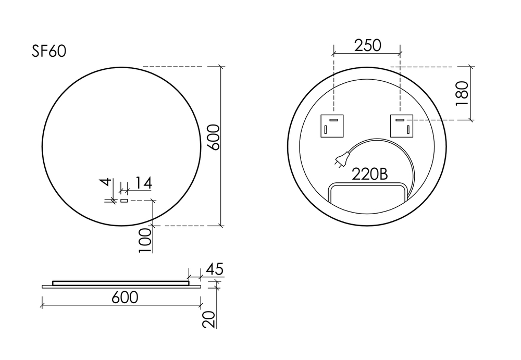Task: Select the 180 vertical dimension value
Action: [x=463, y=94]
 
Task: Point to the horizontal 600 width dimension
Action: [x=125, y=297]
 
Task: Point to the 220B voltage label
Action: [x=370, y=174]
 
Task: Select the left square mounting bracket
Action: [x=331, y=126]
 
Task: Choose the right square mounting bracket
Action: [x=401, y=126]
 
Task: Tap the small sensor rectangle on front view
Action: [x=124, y=200]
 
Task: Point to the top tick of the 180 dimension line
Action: [x=471, y=67]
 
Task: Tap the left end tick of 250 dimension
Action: [x=333, y=52]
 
